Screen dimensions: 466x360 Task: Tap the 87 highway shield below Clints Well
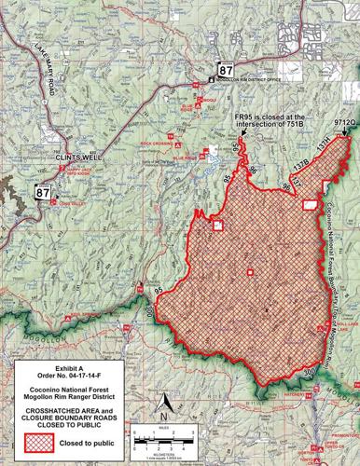(x=42, y=192)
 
